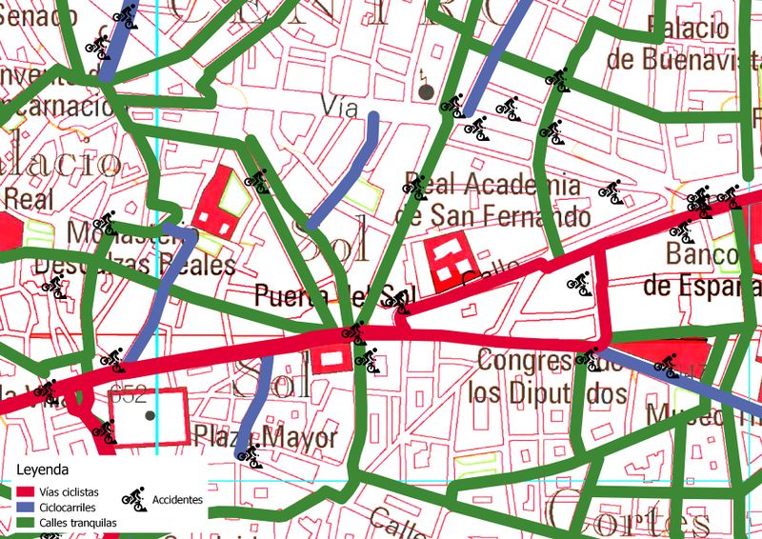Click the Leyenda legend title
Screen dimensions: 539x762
(x=43, y=470)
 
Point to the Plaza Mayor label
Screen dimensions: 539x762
(x=266, y=438)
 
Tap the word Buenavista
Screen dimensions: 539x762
(x=679, y=60)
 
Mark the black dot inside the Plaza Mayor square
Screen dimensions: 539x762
(x=149, y=416)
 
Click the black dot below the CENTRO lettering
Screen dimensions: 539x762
(x=426, y=91)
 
